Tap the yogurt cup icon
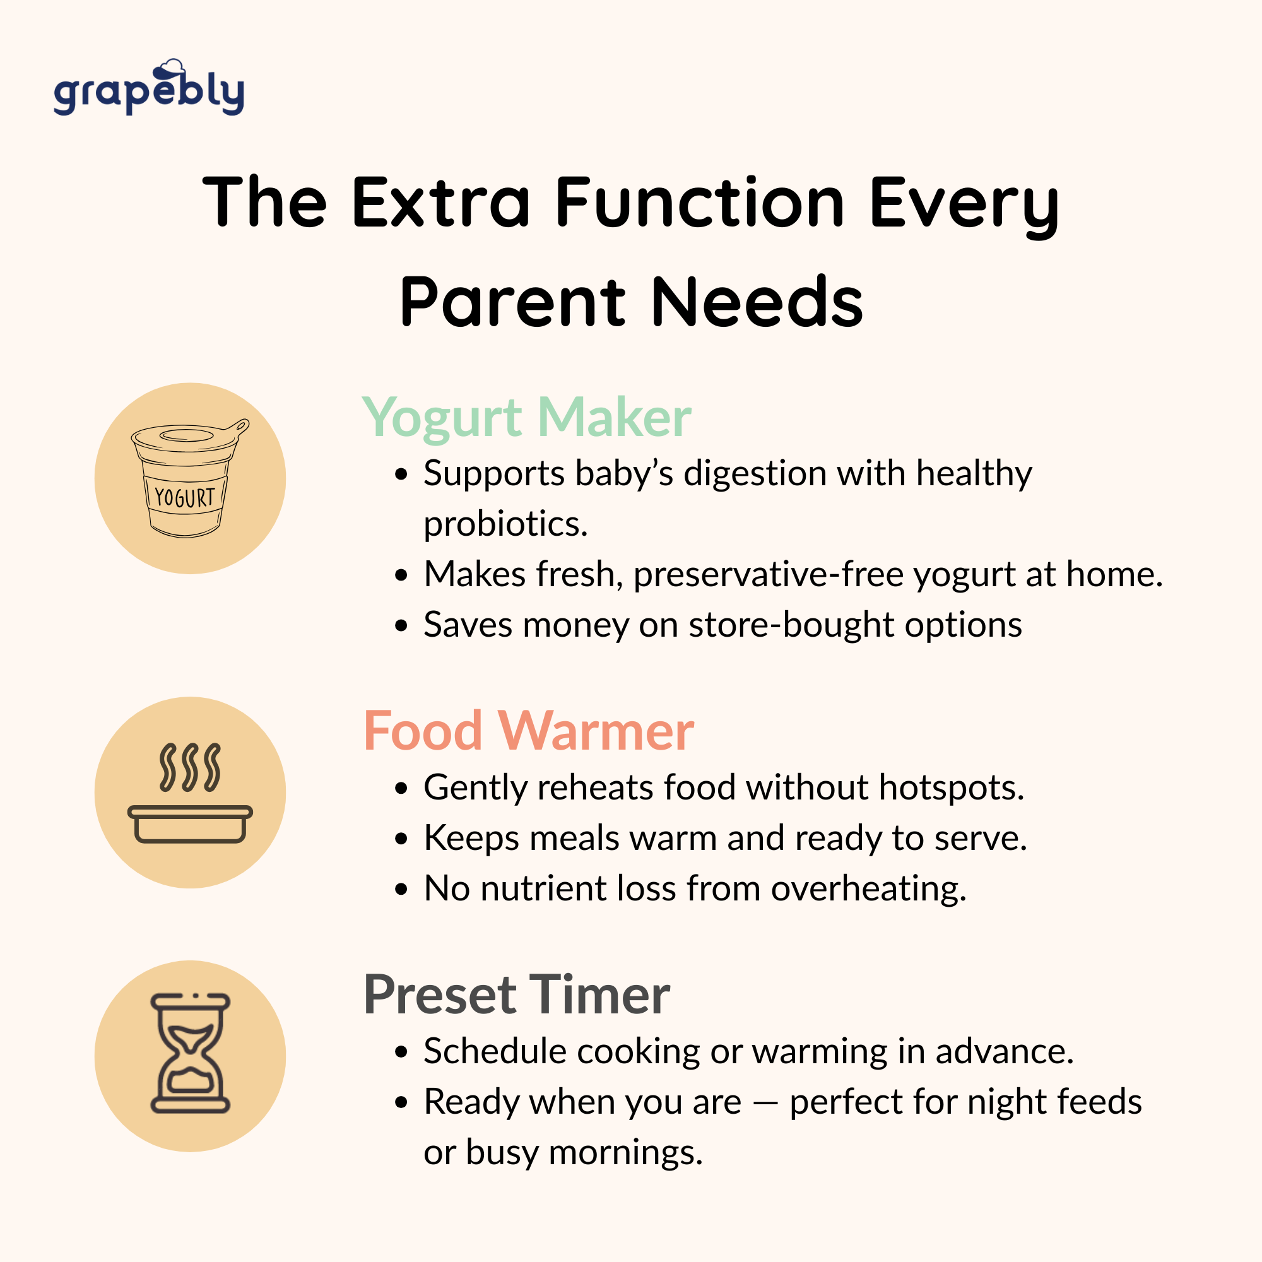190,478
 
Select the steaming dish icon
190,793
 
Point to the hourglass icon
190,1053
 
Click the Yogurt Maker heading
526,418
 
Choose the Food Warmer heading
528,731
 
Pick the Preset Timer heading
517,995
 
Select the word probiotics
505,524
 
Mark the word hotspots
952,788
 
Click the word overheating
869,889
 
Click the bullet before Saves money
401,626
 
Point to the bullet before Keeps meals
401,839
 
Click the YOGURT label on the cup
184,498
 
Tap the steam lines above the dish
190,767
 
